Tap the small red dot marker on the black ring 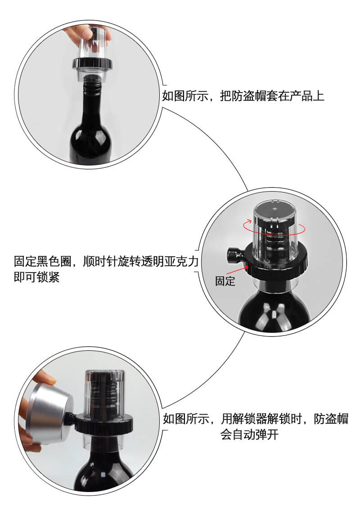click(x=247, y=267)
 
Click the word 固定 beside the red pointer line click(x=225, y=281)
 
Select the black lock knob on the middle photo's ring click(x=234, y=255)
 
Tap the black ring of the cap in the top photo click(x=92, y=64)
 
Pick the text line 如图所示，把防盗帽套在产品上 click(x=243, y=96)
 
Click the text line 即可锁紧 click(x=36, y=277)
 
